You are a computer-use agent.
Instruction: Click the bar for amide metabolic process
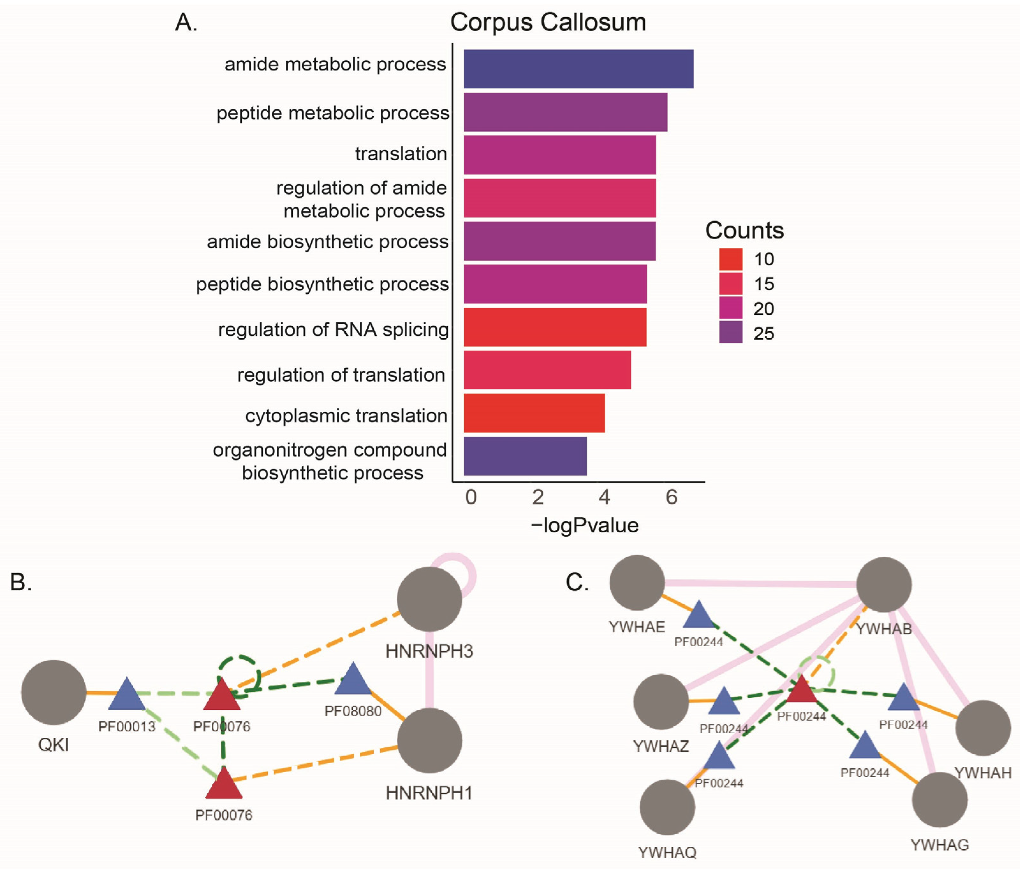pyautogui.click(x=578, y=69)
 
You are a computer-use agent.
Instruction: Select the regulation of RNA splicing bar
pyautogui.click(x=555, y=327)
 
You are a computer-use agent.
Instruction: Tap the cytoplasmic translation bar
pyautogui.click(x=534, y=413)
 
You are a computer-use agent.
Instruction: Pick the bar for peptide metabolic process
pyautogui.click(x=565, y=112)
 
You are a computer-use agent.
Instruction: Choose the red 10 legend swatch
pyautogui.click(x=730, y=259)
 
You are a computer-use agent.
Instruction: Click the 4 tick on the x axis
pyautogui.click(x=604, y=497)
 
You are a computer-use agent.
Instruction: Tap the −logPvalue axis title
pyautogui.click(x=584, y=525)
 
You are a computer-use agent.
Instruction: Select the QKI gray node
pyautogui.click(x=54, y=693)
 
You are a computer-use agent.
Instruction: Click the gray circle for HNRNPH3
pyautogui.click(x=429, y=599)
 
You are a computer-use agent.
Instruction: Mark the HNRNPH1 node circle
pyautogui.click(x=429, y=740)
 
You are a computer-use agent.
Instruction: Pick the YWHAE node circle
pyautogui.click(x=637, y=583)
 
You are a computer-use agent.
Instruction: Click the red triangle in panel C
pyautogui.click(x=802, y=690)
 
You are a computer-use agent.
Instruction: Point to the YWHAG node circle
pyautogui.click(x=939, y=800)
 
